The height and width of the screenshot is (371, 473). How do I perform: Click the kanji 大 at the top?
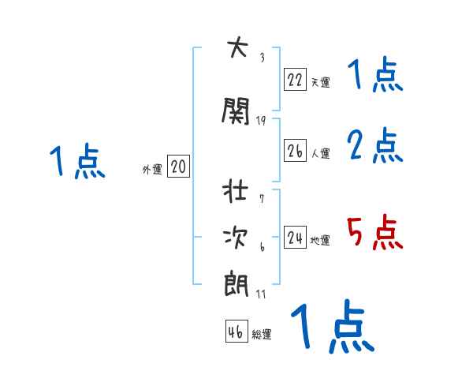236,49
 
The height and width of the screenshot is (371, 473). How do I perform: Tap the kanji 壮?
236,192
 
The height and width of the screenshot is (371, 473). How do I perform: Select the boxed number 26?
295,152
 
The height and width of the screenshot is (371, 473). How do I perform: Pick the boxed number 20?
178,167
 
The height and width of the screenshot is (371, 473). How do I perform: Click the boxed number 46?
236,332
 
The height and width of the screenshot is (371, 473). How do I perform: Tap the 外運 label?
151,170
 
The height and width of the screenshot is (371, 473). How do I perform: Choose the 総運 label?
262,335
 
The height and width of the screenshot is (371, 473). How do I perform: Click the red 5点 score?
374,233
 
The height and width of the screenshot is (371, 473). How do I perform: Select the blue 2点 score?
374,147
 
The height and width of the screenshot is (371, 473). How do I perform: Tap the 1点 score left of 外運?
76,162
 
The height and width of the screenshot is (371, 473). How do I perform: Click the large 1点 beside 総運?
331,325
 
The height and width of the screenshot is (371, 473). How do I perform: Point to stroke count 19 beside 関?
261,121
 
